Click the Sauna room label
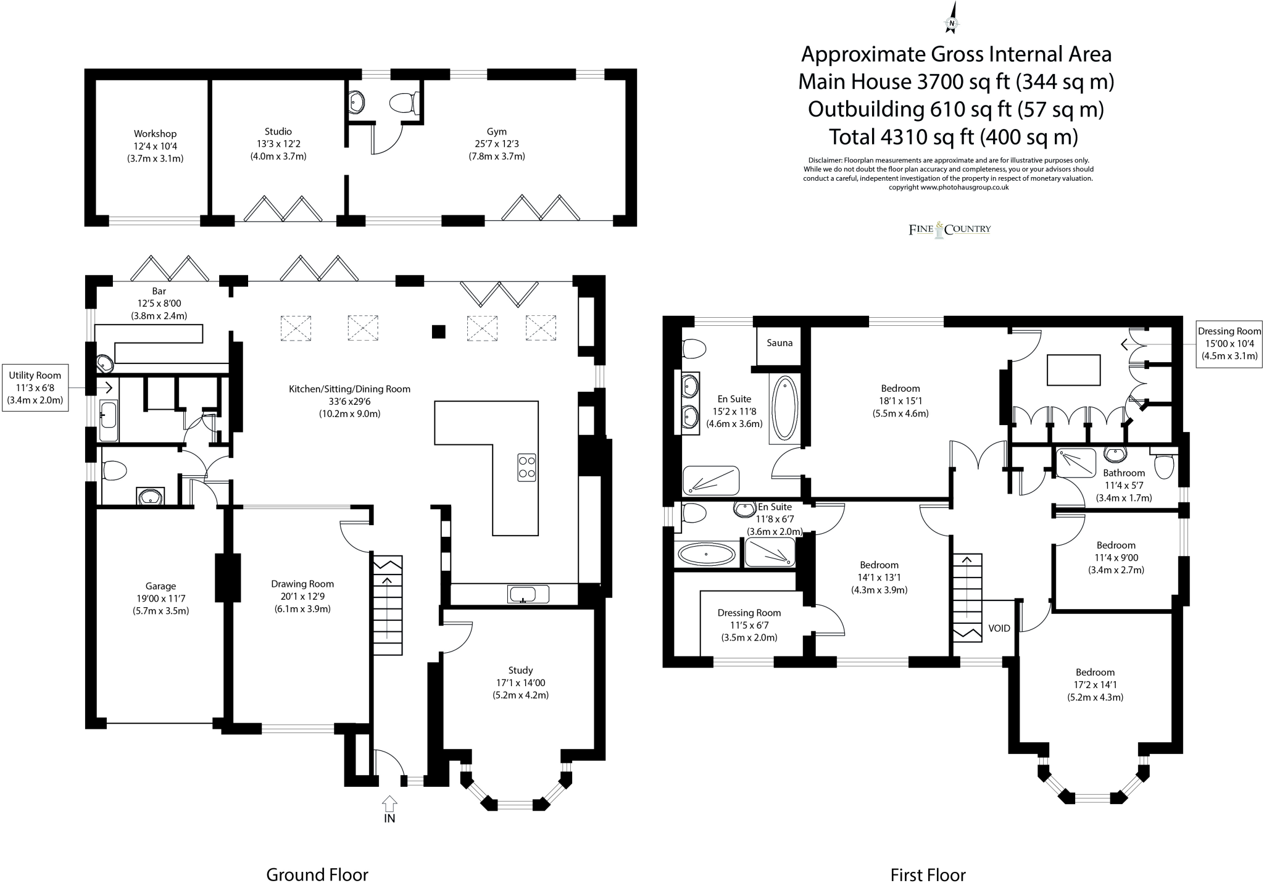tap(779, 343)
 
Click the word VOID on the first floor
tap(999, 628)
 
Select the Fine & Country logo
tap(949, 230)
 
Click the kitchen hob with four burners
tap(526, 468)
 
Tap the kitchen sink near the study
tap(528, 594)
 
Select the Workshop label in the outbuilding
tap(155, 134)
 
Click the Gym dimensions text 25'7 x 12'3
tap(496, 144)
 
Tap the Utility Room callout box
tap(35, 388)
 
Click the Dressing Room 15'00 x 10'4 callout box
tap(1229, 344)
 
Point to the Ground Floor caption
tap(317, 874)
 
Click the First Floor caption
tap(928, 875)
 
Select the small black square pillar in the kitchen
tap(438, 332)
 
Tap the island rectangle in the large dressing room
tap(1073, 370)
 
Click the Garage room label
tap(160, 586)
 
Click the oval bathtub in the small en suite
tap(707, 554)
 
